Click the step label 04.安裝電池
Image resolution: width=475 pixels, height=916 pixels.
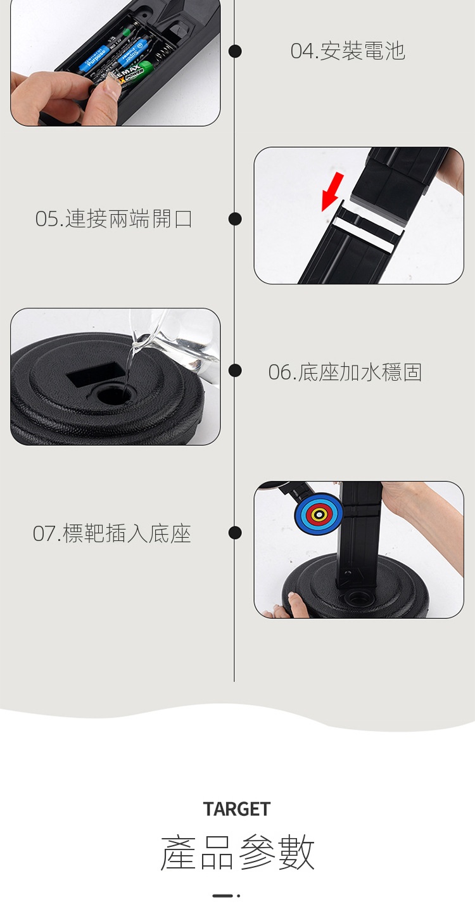point(348,51)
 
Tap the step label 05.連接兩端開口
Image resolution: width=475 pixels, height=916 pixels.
point(113,219)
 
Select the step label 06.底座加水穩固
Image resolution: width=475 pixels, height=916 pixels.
point(345,372)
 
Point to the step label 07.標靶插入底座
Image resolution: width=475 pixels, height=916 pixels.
point(111,533)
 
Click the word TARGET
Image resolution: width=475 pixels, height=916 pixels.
point(237,809)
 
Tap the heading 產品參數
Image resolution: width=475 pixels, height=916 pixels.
point(237,853)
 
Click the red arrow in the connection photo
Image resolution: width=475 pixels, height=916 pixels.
point(332,191)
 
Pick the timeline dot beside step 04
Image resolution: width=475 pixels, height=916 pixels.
point(234,51)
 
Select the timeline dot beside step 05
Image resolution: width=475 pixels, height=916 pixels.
point(234,219)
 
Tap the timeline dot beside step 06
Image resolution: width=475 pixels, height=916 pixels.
point(234,371)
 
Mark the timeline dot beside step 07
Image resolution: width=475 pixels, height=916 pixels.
point(234,532)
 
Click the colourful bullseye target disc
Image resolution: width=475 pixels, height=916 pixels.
point(319,514)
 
